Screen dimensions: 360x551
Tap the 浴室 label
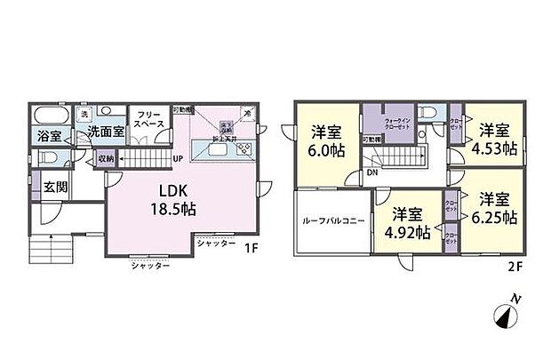[50, 136]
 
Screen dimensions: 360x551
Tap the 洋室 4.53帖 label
[490, 139]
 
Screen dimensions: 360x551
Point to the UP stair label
[179, 161]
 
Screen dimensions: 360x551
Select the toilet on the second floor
[430, 115]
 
